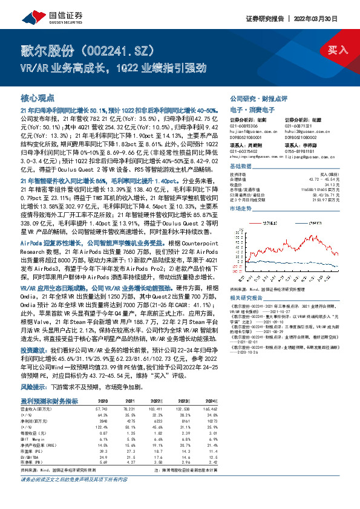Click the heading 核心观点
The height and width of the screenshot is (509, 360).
38,97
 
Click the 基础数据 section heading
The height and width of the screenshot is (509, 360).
240,166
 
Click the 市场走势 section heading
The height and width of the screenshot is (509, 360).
240,207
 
